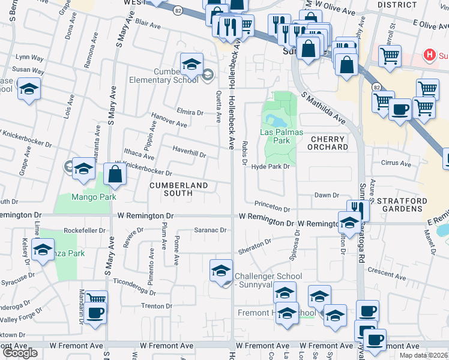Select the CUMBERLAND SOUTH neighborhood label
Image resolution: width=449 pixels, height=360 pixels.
pos(178,189)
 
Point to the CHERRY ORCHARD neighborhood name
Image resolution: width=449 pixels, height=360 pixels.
pos(328,143)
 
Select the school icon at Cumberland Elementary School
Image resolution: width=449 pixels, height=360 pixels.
pos(191,64)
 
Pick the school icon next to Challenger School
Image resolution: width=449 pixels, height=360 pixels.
pos(221,271)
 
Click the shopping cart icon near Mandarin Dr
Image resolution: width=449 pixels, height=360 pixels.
pos(95,299)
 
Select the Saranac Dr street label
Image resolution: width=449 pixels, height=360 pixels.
pos(209,230)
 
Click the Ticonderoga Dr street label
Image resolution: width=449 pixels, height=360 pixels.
pos(134,283)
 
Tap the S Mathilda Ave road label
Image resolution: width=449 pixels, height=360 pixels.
pos(324,108)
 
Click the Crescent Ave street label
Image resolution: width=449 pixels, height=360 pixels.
pos(388,271)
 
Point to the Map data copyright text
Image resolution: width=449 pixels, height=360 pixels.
pos(424,355)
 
